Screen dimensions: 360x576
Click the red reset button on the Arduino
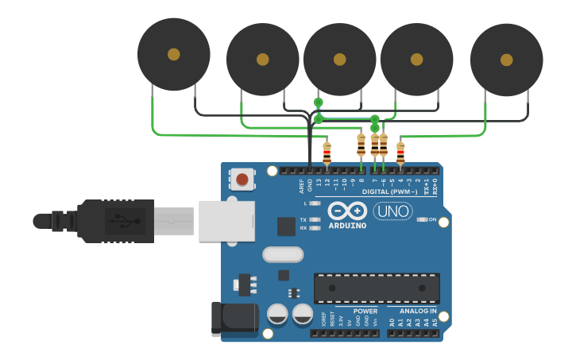(242, 180)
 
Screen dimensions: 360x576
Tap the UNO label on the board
(392, 211)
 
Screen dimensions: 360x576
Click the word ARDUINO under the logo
(347, 226)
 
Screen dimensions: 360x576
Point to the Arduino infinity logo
(347, 211)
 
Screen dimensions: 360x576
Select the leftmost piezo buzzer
(173, 54)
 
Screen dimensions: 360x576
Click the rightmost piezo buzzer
(506, 60)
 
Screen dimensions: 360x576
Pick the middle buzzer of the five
(339, 60)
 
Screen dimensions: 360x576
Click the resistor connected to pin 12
(327, 152)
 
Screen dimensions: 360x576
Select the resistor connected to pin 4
(400, 152)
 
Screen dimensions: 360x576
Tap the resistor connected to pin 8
(361, 146)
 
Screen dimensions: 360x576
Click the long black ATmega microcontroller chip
(377, 288)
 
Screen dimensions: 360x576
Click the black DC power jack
(234, 319)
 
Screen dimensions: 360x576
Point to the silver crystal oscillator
(283, 254)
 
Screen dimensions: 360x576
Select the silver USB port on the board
(226, 220)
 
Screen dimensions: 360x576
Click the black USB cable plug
(116, 220)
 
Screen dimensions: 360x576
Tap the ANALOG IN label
(418, 311)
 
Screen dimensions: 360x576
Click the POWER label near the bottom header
(365, 311)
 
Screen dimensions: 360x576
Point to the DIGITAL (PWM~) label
(389, 192)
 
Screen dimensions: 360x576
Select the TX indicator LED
(315, 219)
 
